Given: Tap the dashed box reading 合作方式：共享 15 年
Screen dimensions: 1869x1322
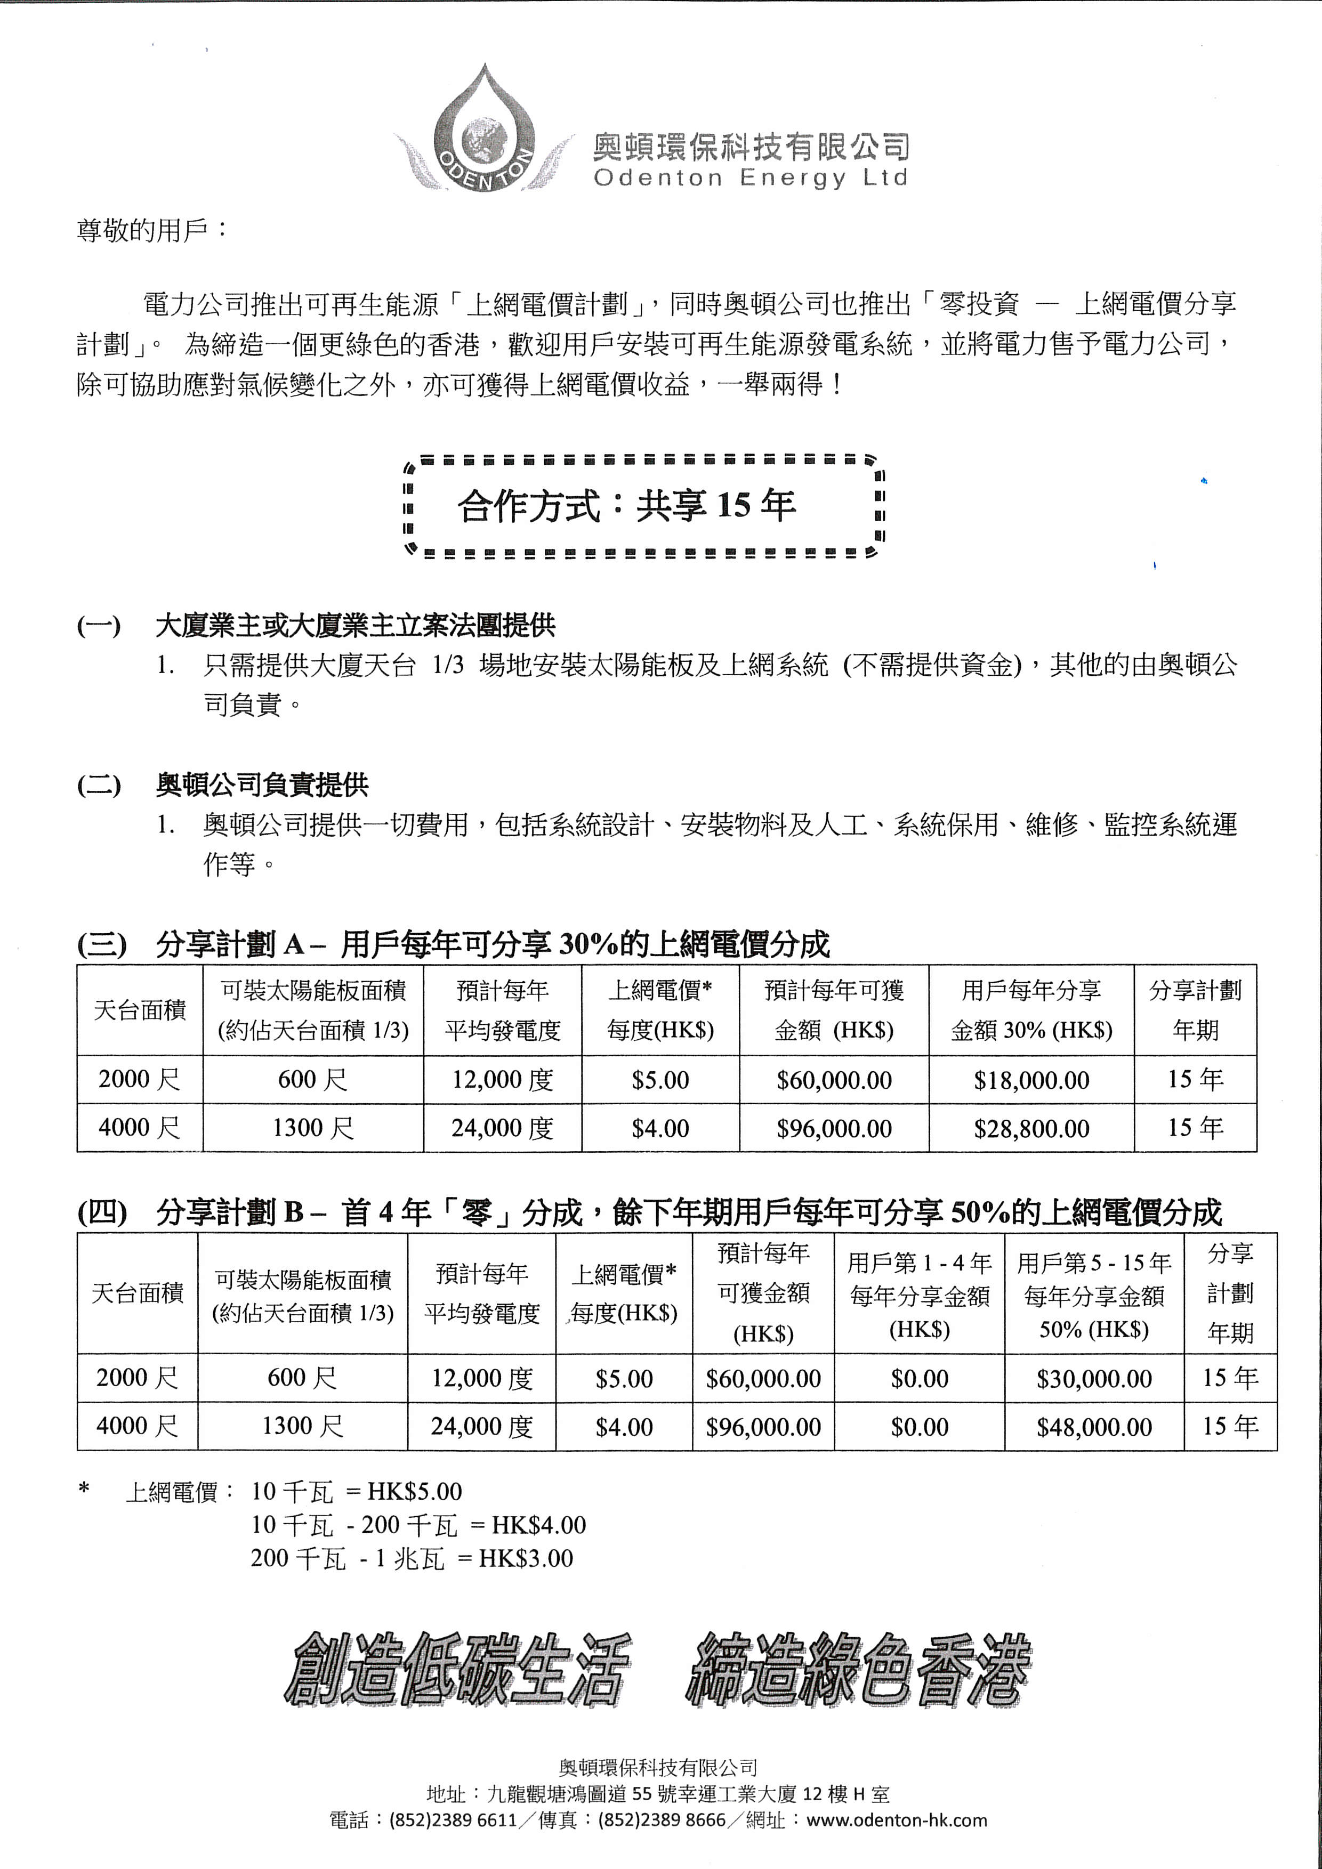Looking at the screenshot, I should (x=643, y=506).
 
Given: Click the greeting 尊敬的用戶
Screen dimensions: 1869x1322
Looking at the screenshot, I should (x=151, y=230).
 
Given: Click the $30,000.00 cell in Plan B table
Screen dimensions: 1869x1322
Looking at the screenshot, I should (x=1093, y=1378).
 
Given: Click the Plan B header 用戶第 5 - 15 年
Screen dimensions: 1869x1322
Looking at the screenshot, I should (x=1093, y=1264).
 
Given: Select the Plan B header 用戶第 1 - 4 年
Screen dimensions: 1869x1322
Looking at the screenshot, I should (x=919, y=1264).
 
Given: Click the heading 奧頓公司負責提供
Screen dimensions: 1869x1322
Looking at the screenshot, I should (x=262, y=784).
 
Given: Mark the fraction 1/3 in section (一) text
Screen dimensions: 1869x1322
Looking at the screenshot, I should (x=448, y=665).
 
